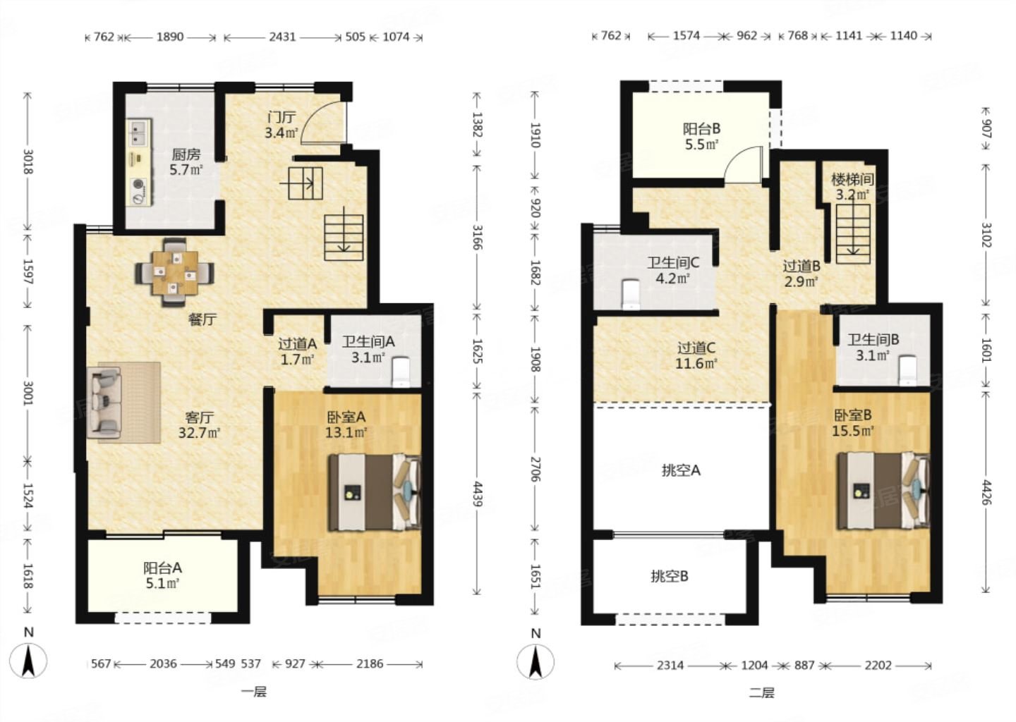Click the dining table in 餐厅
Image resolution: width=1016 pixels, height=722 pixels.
click(x=175, y=272)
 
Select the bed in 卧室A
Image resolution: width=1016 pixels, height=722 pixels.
click(x=375, y=492)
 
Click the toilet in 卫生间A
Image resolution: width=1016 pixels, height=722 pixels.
click(x=401, y=372)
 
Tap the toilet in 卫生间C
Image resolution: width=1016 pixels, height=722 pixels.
click(x=631, y=295)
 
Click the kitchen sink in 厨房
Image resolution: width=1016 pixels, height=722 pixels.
click(x=139, y=131)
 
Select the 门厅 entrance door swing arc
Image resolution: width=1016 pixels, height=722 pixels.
click(x=317, y=116)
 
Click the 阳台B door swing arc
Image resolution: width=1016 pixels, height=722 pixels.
click(x=737, y=159)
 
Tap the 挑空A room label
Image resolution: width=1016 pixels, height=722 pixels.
click(x=681, y=471)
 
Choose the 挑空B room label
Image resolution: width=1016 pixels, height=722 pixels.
click(x=670, y=576)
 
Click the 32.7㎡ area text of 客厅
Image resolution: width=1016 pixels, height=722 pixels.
click(x=199, y=432)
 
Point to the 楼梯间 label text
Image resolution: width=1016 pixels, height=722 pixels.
click(x=852, y=180)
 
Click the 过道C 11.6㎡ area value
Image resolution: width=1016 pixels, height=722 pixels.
click(x=696, y=363)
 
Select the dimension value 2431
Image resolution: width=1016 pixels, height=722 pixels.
click(x=282, y=37)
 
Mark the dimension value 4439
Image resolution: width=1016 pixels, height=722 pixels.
click(x=477, y=494)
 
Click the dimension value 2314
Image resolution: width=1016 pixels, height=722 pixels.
click(x=670, y=666)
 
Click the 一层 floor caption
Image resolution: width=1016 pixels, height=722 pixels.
click(x=254, y=692)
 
